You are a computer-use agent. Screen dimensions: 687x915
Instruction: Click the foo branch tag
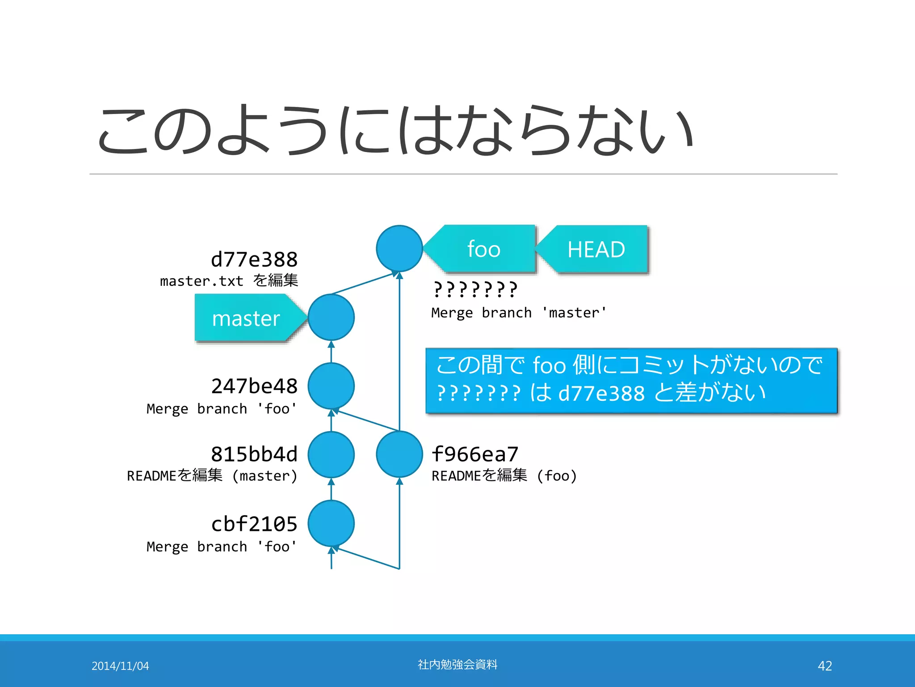(x=483, y=249)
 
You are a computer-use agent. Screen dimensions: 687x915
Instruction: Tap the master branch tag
(x=246, y=318)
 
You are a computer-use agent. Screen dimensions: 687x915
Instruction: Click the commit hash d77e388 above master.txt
(x=254, y=259)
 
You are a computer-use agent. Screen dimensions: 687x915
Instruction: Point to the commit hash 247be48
(x=254, y=386)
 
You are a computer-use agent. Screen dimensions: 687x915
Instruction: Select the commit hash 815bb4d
(x=254, y=454)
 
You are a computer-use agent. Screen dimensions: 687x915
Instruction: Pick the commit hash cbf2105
(x=254, y=524)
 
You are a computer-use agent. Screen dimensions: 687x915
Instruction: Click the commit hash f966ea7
(x=475, y=454)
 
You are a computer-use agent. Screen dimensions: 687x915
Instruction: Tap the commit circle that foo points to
(x=399, y=249)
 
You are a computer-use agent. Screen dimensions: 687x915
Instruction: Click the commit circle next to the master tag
(x=331, y=318)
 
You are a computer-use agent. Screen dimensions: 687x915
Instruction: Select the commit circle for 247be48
(x=331, y=386)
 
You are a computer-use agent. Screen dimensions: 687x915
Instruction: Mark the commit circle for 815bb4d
(x=331, y=454)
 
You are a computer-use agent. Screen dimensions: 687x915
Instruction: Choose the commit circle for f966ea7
(x=399, y=454)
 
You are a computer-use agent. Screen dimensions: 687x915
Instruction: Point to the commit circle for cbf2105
(x=331, y=523)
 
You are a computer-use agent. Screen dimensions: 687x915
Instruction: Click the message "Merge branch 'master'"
(x=519, y=313)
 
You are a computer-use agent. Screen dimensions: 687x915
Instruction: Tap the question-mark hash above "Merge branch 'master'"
(x=475, y=289)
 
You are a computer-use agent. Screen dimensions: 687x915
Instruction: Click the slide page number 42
(x=825, y=666)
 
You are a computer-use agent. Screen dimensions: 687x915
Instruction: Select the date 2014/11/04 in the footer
(x=120, y=666)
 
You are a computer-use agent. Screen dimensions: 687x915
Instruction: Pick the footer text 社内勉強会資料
(x=457, y=665)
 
